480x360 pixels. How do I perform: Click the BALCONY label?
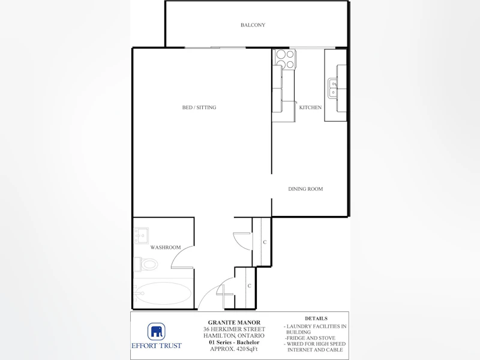pos(253,25)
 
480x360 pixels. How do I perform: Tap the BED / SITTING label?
pos(199,107)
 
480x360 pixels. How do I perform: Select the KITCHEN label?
pos(310,107)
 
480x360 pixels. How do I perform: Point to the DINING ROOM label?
pos(305,189)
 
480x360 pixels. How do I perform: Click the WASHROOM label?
pos(166,247)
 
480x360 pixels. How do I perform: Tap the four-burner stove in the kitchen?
pos(285,58)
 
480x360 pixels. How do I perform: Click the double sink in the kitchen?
pos(332,88)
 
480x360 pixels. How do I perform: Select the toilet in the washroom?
pos(146,264)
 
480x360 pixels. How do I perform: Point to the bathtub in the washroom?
pos(163,293)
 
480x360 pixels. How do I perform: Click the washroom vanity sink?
pos(141,235)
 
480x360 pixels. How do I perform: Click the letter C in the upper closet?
pos(265,242)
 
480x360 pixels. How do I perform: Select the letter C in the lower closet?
pos(250,286)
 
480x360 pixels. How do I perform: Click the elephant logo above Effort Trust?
pos(157,332)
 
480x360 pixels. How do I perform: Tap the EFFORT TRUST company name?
pos(157,346)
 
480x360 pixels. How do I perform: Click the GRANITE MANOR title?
pos(234,322)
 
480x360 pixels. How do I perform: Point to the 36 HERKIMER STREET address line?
pos(234,329)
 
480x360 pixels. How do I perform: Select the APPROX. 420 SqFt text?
pos(234,349)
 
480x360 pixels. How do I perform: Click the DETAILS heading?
pos(316,319)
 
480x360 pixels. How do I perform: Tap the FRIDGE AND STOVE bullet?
pos(310,338)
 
